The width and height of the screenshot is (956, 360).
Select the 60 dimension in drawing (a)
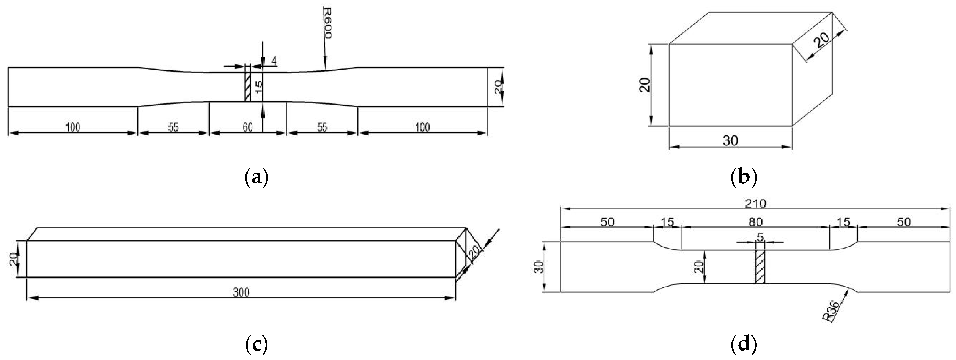pyautogui.click(x=248, y=127)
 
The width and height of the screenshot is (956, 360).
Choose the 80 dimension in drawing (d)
pyautogui.click(x=756, y=222)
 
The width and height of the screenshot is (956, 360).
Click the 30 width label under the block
pyautogui.click(x=730, y=141)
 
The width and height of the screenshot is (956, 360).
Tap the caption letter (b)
pyautogui.click(x=743, y=178)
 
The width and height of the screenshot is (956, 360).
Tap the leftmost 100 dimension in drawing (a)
pyautogui.click(x=73, y=127)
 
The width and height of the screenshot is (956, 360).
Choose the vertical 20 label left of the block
pyautogui.click(x=645, y=85)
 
